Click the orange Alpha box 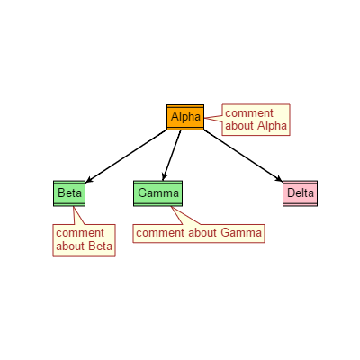[x=185, y=117]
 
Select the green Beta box [x=69, y=193]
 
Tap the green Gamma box [x=157, y=193]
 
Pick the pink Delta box [x=300, y=193]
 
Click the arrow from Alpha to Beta [x=126, y=156]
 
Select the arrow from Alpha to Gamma [x=172, y=156]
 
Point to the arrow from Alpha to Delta [x=243, y=156]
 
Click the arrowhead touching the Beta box [x=89, y=180]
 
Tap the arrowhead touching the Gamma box [x=164, y=176]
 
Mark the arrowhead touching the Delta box [x=279, y=179]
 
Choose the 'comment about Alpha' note [x=256, y=120]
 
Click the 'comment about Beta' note [x=84, y=240]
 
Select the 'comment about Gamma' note [x=199, y=233]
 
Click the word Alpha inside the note [x=272, y=126]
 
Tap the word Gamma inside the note [x=241, y=233]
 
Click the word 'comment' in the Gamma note [x=159, y=233]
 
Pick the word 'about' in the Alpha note [x=239, y=126]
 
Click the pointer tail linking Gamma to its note [x=184, y=215]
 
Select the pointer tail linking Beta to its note [x=77, y=215]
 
